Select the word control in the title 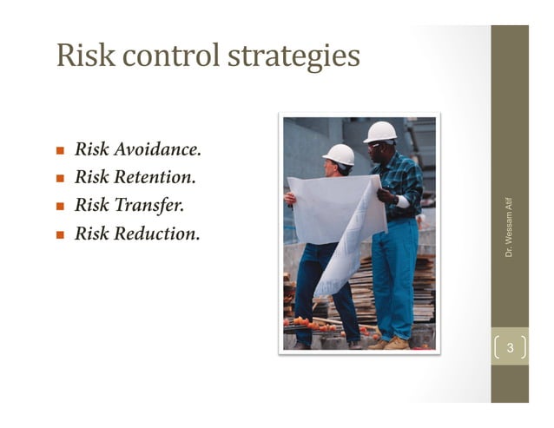pos(167,56)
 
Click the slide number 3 pos(511,348)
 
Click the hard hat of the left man pos(340,154)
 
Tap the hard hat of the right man pos(380,131)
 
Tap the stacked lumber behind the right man pos(425,286)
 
